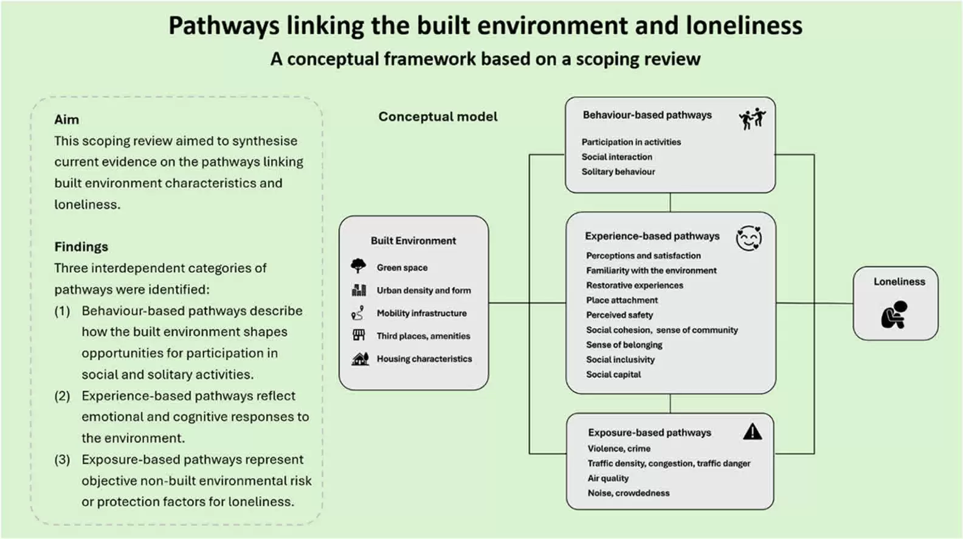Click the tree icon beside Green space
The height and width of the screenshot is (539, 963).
(x=358, y=266)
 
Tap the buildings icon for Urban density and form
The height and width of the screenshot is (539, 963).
(x=359, y=290)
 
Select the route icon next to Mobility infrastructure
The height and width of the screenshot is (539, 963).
(x=357, y=313)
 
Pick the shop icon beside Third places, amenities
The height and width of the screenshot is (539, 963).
(x=359, y=335)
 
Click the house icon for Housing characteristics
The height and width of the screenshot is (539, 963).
(x=360, y=358)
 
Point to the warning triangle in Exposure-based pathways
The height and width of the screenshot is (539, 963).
(x=753, y=431)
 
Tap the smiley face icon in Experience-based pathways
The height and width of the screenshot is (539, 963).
(x=749, y=238)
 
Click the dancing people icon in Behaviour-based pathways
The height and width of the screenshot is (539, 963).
(x=753, y=118)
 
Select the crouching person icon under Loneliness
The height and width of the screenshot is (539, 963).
(x=894, y=315)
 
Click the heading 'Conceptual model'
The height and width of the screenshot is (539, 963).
(x=438, y=117)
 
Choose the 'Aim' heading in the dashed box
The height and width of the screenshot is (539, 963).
(x=67, y=119)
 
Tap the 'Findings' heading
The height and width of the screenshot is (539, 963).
(x=81, y=246)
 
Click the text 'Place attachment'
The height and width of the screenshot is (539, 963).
(x=622, y=300)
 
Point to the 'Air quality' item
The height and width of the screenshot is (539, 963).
(x=608, y=478)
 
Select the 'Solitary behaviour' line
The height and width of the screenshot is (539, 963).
(x=618, y=172)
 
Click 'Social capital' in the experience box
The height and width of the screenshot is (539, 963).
(x=613, y=374)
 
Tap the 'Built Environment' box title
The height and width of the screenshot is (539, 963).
(x=413, y=240)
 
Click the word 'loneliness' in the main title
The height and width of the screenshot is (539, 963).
(x=744, y=26)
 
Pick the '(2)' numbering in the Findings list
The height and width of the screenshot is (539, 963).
(x=62, y=396)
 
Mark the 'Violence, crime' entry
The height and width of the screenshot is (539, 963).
(x=619, y=448)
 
